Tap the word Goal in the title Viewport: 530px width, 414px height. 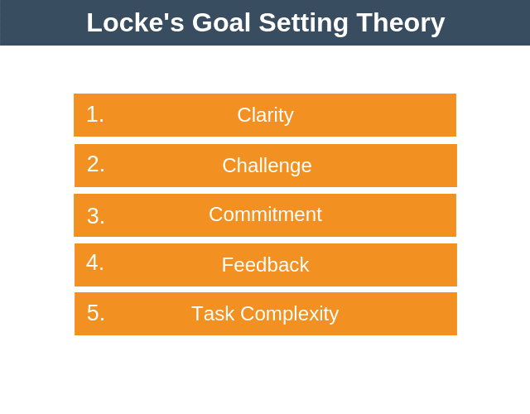point(221,22)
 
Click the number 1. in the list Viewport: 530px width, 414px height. point(95,114)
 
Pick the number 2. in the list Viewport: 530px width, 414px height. point(96,164)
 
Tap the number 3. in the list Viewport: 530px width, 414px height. point(96,216)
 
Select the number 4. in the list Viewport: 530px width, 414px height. point(95,262)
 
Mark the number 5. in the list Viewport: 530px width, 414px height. point(96,313)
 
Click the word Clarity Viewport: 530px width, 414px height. point(265,115)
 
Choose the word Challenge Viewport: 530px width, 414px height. point(267,166)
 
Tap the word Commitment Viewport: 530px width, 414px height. point(265,214)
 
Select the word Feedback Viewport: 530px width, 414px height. point(265,265)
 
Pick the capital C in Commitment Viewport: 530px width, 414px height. point(216,214)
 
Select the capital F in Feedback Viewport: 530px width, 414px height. point(227,265)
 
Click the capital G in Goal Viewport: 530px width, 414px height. point(204,22)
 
